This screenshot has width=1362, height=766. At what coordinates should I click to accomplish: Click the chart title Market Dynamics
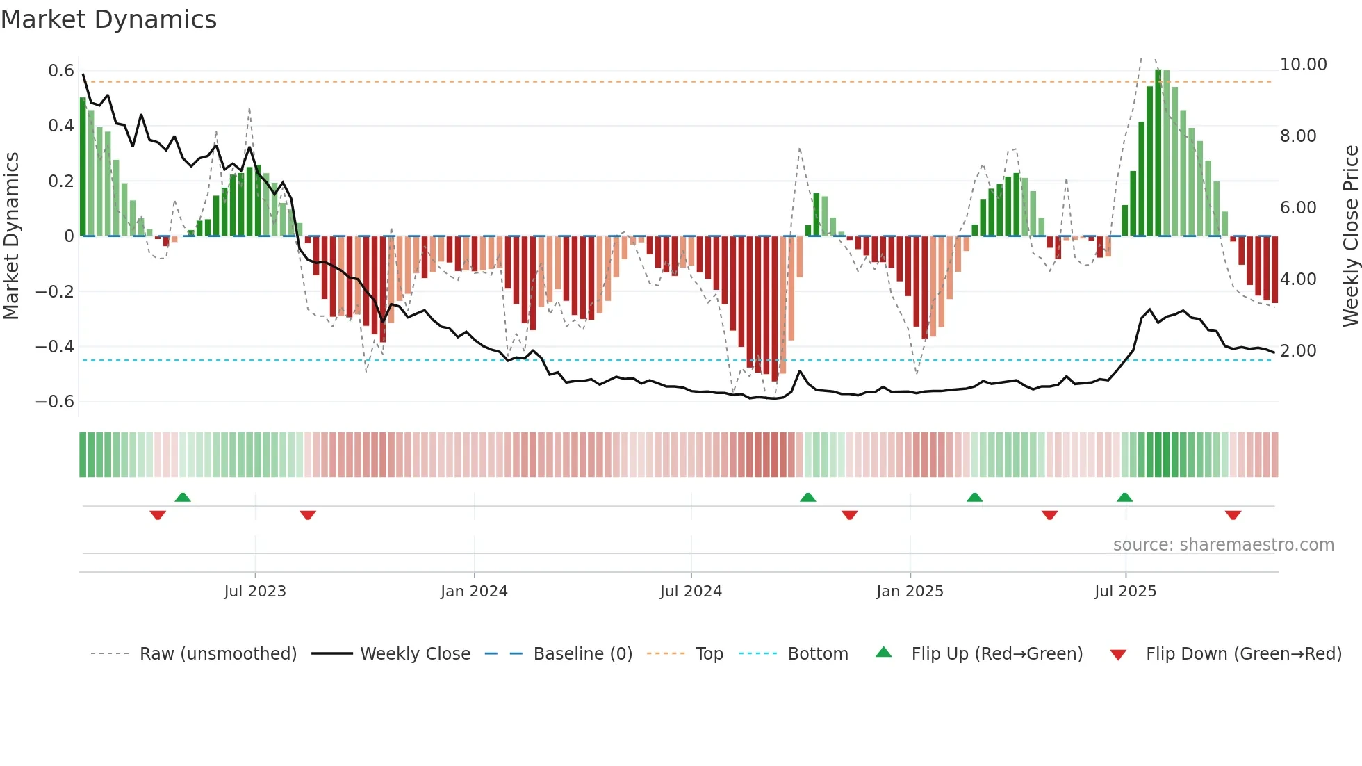click(x=108, y=19)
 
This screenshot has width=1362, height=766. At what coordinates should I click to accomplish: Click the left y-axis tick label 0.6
click(x=61, y=71)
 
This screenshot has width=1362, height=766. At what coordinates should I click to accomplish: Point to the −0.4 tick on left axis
click(x=55, y=346)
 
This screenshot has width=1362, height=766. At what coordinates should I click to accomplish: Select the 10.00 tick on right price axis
click(x=1303, y=65)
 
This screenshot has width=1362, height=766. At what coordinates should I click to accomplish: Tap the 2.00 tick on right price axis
click(x=1298, y=351)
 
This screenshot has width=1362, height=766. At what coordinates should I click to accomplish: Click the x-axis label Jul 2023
click(x=255, y=592)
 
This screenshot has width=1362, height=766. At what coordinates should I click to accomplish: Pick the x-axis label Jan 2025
click(x=910, y=592)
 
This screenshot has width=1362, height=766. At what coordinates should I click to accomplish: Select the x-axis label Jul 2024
click(x=691, y=592)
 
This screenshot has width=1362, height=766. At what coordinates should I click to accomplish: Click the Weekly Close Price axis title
click(x=1350, y=236)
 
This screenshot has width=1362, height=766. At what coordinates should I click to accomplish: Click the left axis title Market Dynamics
click(x=12, y=236)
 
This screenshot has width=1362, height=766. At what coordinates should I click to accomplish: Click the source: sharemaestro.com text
click(x=1223, y=545)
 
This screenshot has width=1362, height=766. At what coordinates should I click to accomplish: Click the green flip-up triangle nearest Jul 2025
click(x=1125, y=497)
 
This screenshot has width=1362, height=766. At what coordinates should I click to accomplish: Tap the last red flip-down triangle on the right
click(x=1233, y=515)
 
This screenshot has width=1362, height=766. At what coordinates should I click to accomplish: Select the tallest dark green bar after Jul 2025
click(x=1158, y=153)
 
